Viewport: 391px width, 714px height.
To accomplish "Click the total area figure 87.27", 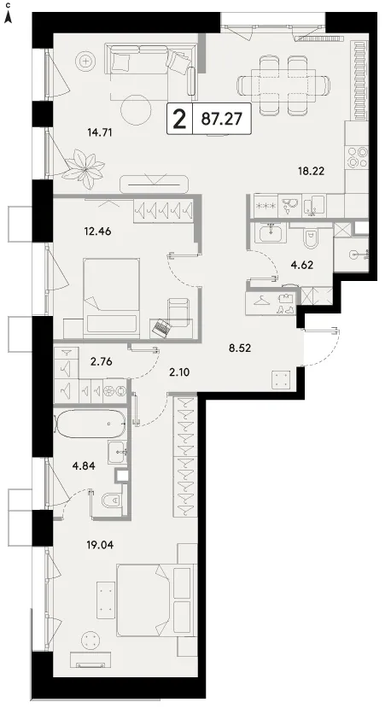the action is (x=221, y=119).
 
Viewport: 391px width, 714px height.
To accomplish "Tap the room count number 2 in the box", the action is (x=180, y=120).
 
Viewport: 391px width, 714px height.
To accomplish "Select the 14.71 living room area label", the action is (x=99, y=133).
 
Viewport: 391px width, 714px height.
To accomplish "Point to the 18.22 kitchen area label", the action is (x=312, y=171).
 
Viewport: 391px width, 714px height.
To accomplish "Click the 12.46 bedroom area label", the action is (x=97, y=231).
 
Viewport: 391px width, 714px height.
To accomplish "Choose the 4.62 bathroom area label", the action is (x=301, y=265).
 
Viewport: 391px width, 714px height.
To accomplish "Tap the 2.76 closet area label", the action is (x=101, y=362).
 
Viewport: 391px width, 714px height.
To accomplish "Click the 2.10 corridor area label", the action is (x=178, y=372).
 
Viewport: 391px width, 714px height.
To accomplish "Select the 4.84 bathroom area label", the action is (x=84, y=465).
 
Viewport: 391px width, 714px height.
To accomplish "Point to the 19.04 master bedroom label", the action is (x=100, y=544).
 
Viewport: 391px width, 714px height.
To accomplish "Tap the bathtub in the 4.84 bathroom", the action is (x=91, y=423).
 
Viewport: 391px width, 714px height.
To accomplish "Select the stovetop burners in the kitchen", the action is (x=357, y=157).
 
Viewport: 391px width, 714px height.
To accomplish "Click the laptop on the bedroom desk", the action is (x=160, y=328).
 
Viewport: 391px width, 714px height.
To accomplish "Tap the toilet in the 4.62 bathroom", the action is (x=312, y=238).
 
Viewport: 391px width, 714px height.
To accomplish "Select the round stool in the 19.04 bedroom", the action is (x=90, y=641).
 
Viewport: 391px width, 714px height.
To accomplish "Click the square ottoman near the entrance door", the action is (x=282, y=379).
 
